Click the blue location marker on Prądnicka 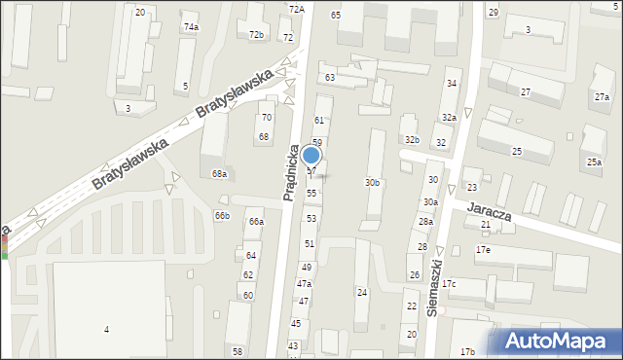[x=311, y=155]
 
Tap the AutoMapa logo [x=558, y=341]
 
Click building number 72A [x=296, y=9]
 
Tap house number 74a [x=191, y=27]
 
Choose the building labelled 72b [x=256, y=35]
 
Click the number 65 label [x=336, y=15]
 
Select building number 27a [x=603, y=97]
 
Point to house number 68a [x=220, y=174]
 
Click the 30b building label [x=373, y=182]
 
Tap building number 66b [x=223, y=215]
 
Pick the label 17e [x=483, y=250]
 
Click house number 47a [x=304, y=283]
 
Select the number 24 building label [x=361, y=292]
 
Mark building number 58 [x=237, y=351]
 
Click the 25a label [x=594, y=162]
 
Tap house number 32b [x=412, y=140]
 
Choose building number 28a [x=425, y=222]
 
